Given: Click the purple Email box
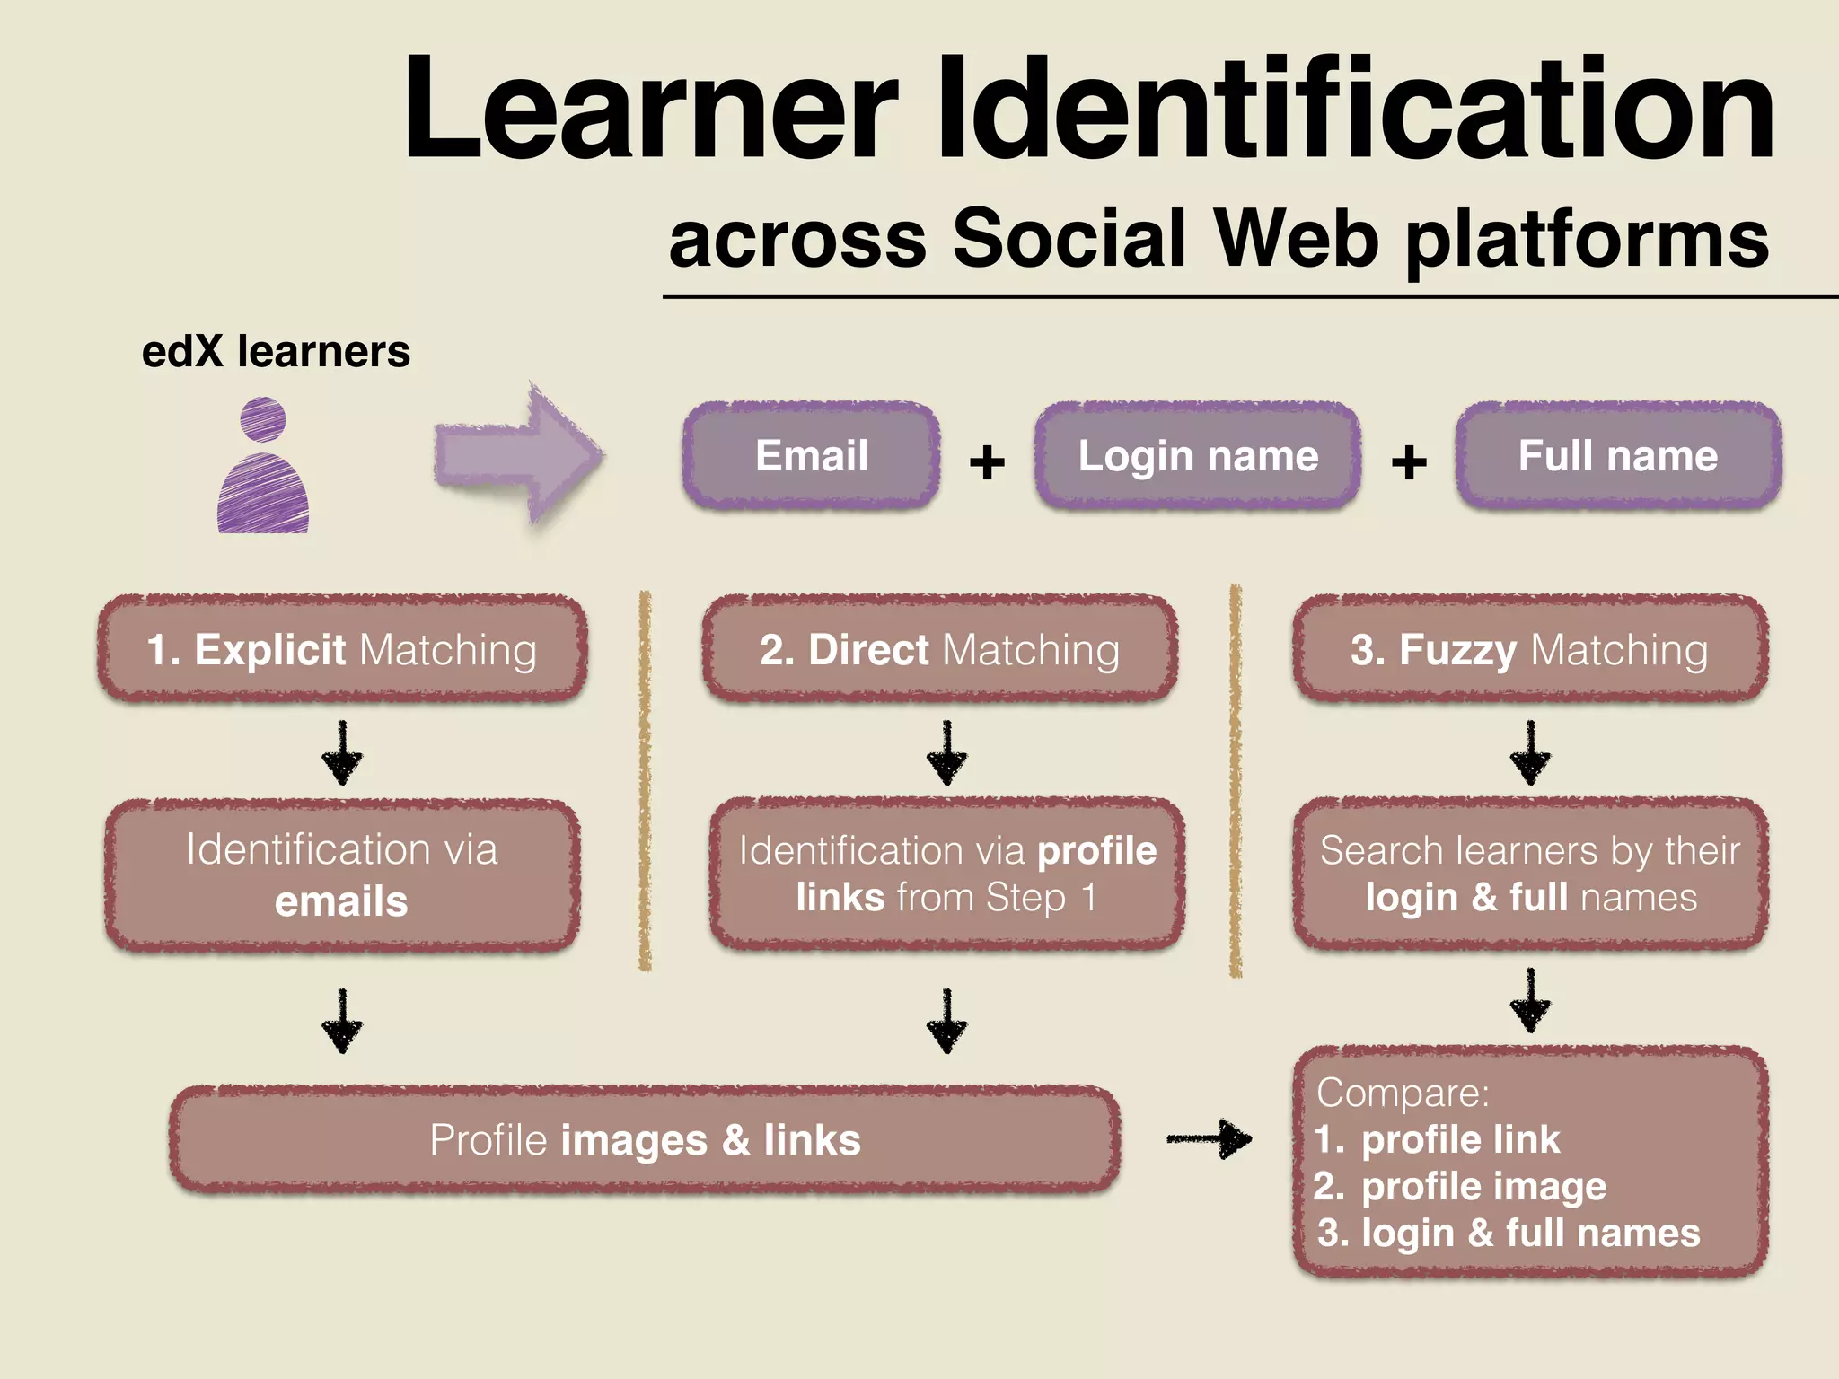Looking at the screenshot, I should click(811, 456).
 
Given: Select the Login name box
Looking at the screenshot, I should click(1197, 456).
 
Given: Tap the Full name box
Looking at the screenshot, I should click(1617, 456).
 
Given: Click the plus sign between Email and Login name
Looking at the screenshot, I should click(987, 462).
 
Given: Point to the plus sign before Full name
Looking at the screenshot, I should click(1408, 462).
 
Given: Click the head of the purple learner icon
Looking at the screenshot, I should click(263, 419).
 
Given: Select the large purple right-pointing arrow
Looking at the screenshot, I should click(518, 454).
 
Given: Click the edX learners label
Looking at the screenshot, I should click(276, 351).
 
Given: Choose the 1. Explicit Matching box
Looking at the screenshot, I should click(342, 649).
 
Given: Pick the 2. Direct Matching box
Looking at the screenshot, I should click(940, 649).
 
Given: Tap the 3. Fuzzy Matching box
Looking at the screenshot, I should click(1530, 649).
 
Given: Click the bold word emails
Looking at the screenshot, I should click(341, 901).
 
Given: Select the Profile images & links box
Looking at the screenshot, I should click(645, 1140).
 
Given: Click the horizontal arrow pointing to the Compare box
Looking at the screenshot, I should click(1209, 1139).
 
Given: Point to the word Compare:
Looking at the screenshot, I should click(1403, 1093).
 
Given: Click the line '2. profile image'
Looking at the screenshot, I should click(1460, 1187).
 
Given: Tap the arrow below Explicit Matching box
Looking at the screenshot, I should click(342, 753).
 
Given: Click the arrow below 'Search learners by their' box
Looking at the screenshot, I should click(1530, 1000).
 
